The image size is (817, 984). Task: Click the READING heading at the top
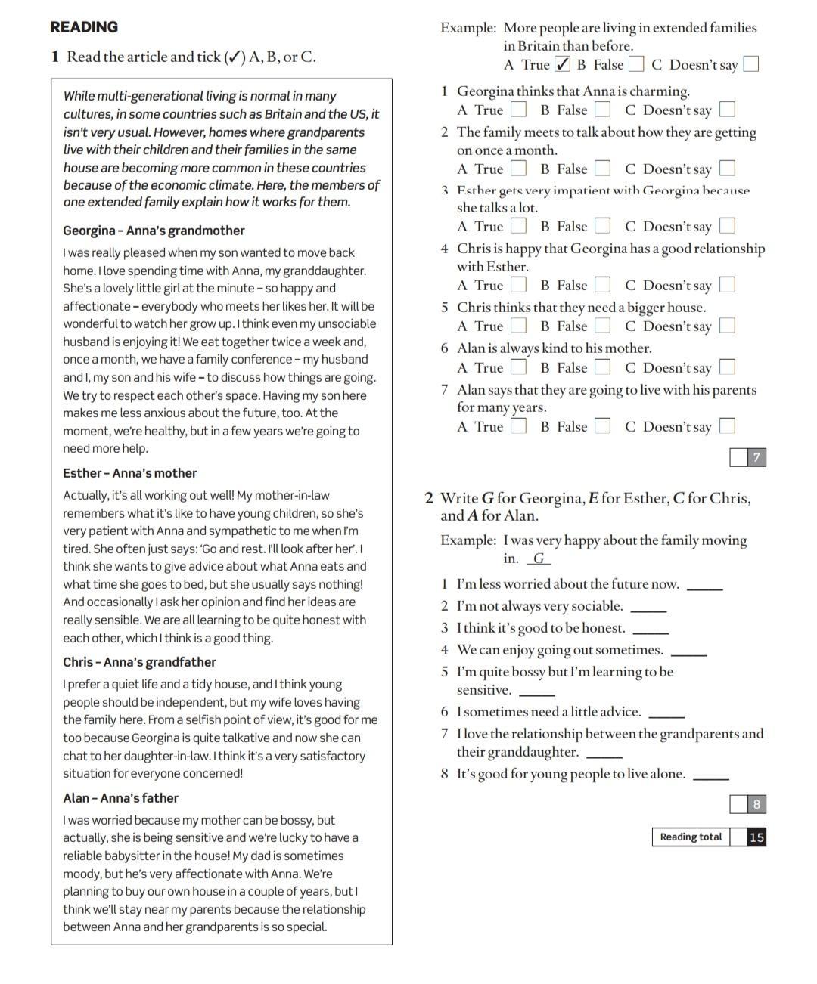click(84, 27)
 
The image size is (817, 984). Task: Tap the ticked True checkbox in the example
click(562, 64)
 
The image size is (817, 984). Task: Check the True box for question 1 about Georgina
click(518, 110)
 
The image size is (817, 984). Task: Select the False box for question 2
click(602, 169)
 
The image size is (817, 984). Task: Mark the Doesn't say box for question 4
click(727, 285)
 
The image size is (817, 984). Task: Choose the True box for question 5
click(518, 326)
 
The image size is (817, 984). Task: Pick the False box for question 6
click(602, 367)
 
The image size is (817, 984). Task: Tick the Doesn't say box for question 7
click(727, 426)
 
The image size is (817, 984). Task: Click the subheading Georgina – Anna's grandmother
click(154, 231)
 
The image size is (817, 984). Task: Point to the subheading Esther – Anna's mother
click(129, 473)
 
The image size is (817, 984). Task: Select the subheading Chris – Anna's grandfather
click(139, 662)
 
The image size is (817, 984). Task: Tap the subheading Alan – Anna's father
click(120, 798)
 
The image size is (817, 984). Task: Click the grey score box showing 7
click(756, 457)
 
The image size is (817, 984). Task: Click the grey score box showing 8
click(756, 804)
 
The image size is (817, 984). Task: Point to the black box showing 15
click(756, 837)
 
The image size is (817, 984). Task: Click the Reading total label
click(691, 837)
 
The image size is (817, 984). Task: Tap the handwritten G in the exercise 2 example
click(539, 559)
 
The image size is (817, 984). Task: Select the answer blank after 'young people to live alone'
click(711, 777)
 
